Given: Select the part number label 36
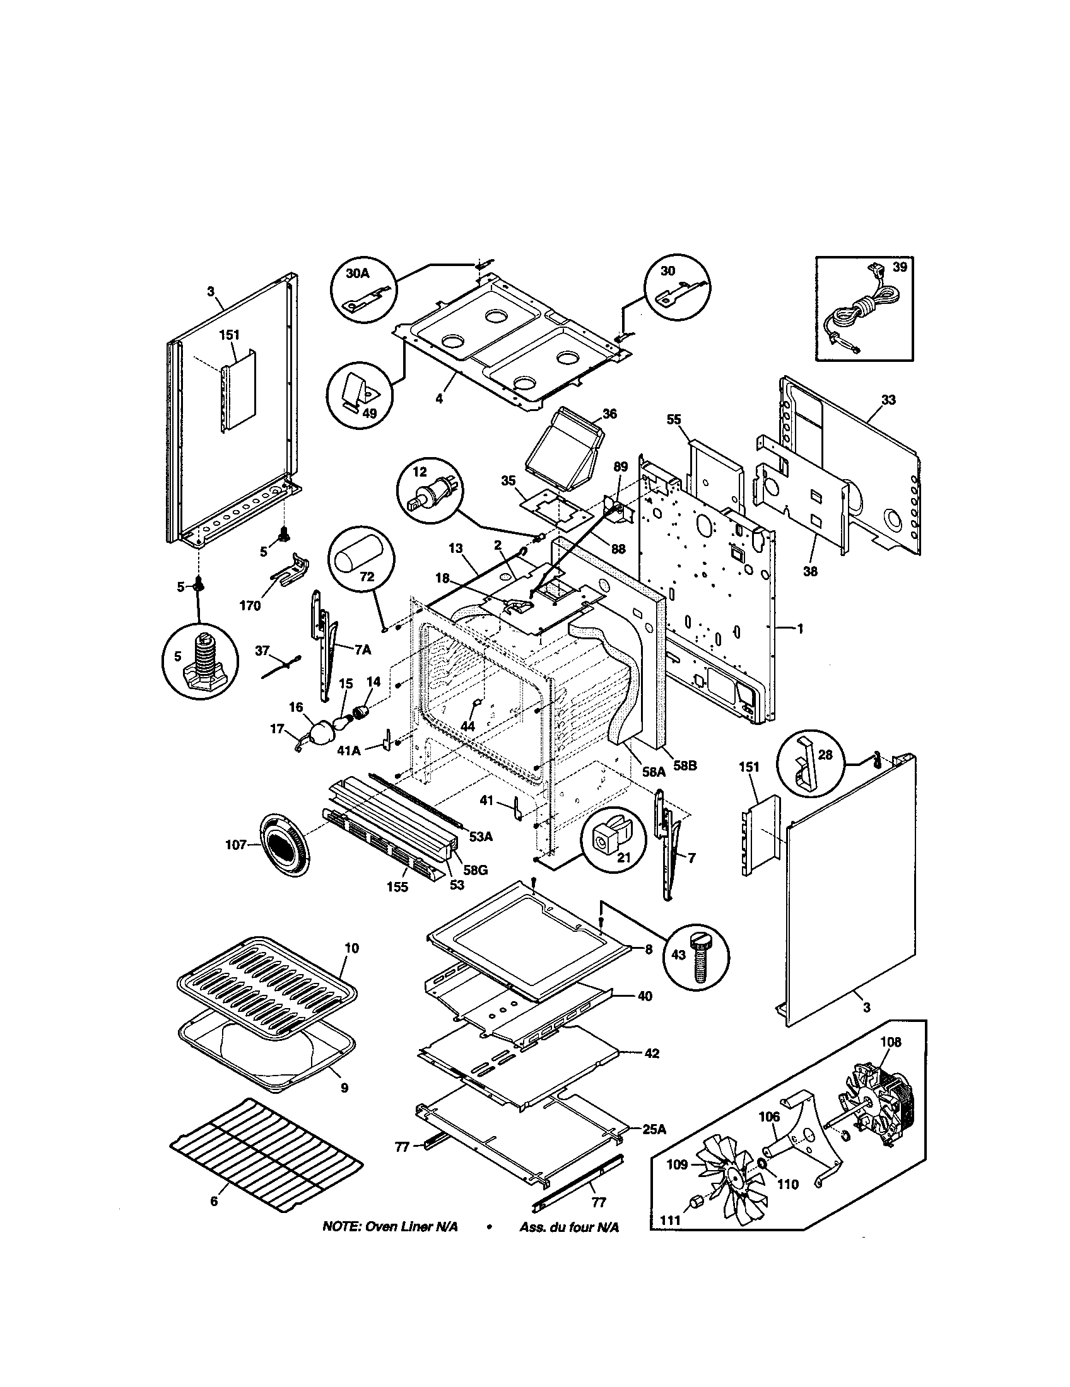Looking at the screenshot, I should (609, 414).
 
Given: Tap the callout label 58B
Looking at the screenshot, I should (686, 766).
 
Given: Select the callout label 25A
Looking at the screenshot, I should (654, 1129).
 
